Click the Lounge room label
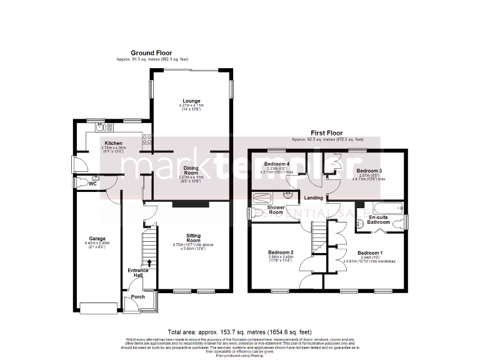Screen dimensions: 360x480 191,101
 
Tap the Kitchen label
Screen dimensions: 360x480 113,143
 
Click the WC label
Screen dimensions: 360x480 92,184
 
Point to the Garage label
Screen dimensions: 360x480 97,239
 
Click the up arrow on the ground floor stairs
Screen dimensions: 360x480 149,262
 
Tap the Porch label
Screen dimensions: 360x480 137,296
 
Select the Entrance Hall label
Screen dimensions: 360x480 138,273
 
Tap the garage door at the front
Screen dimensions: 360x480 97,307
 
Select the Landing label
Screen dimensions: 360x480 313,198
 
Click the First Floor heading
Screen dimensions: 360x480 327,133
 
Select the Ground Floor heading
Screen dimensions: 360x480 151,53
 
